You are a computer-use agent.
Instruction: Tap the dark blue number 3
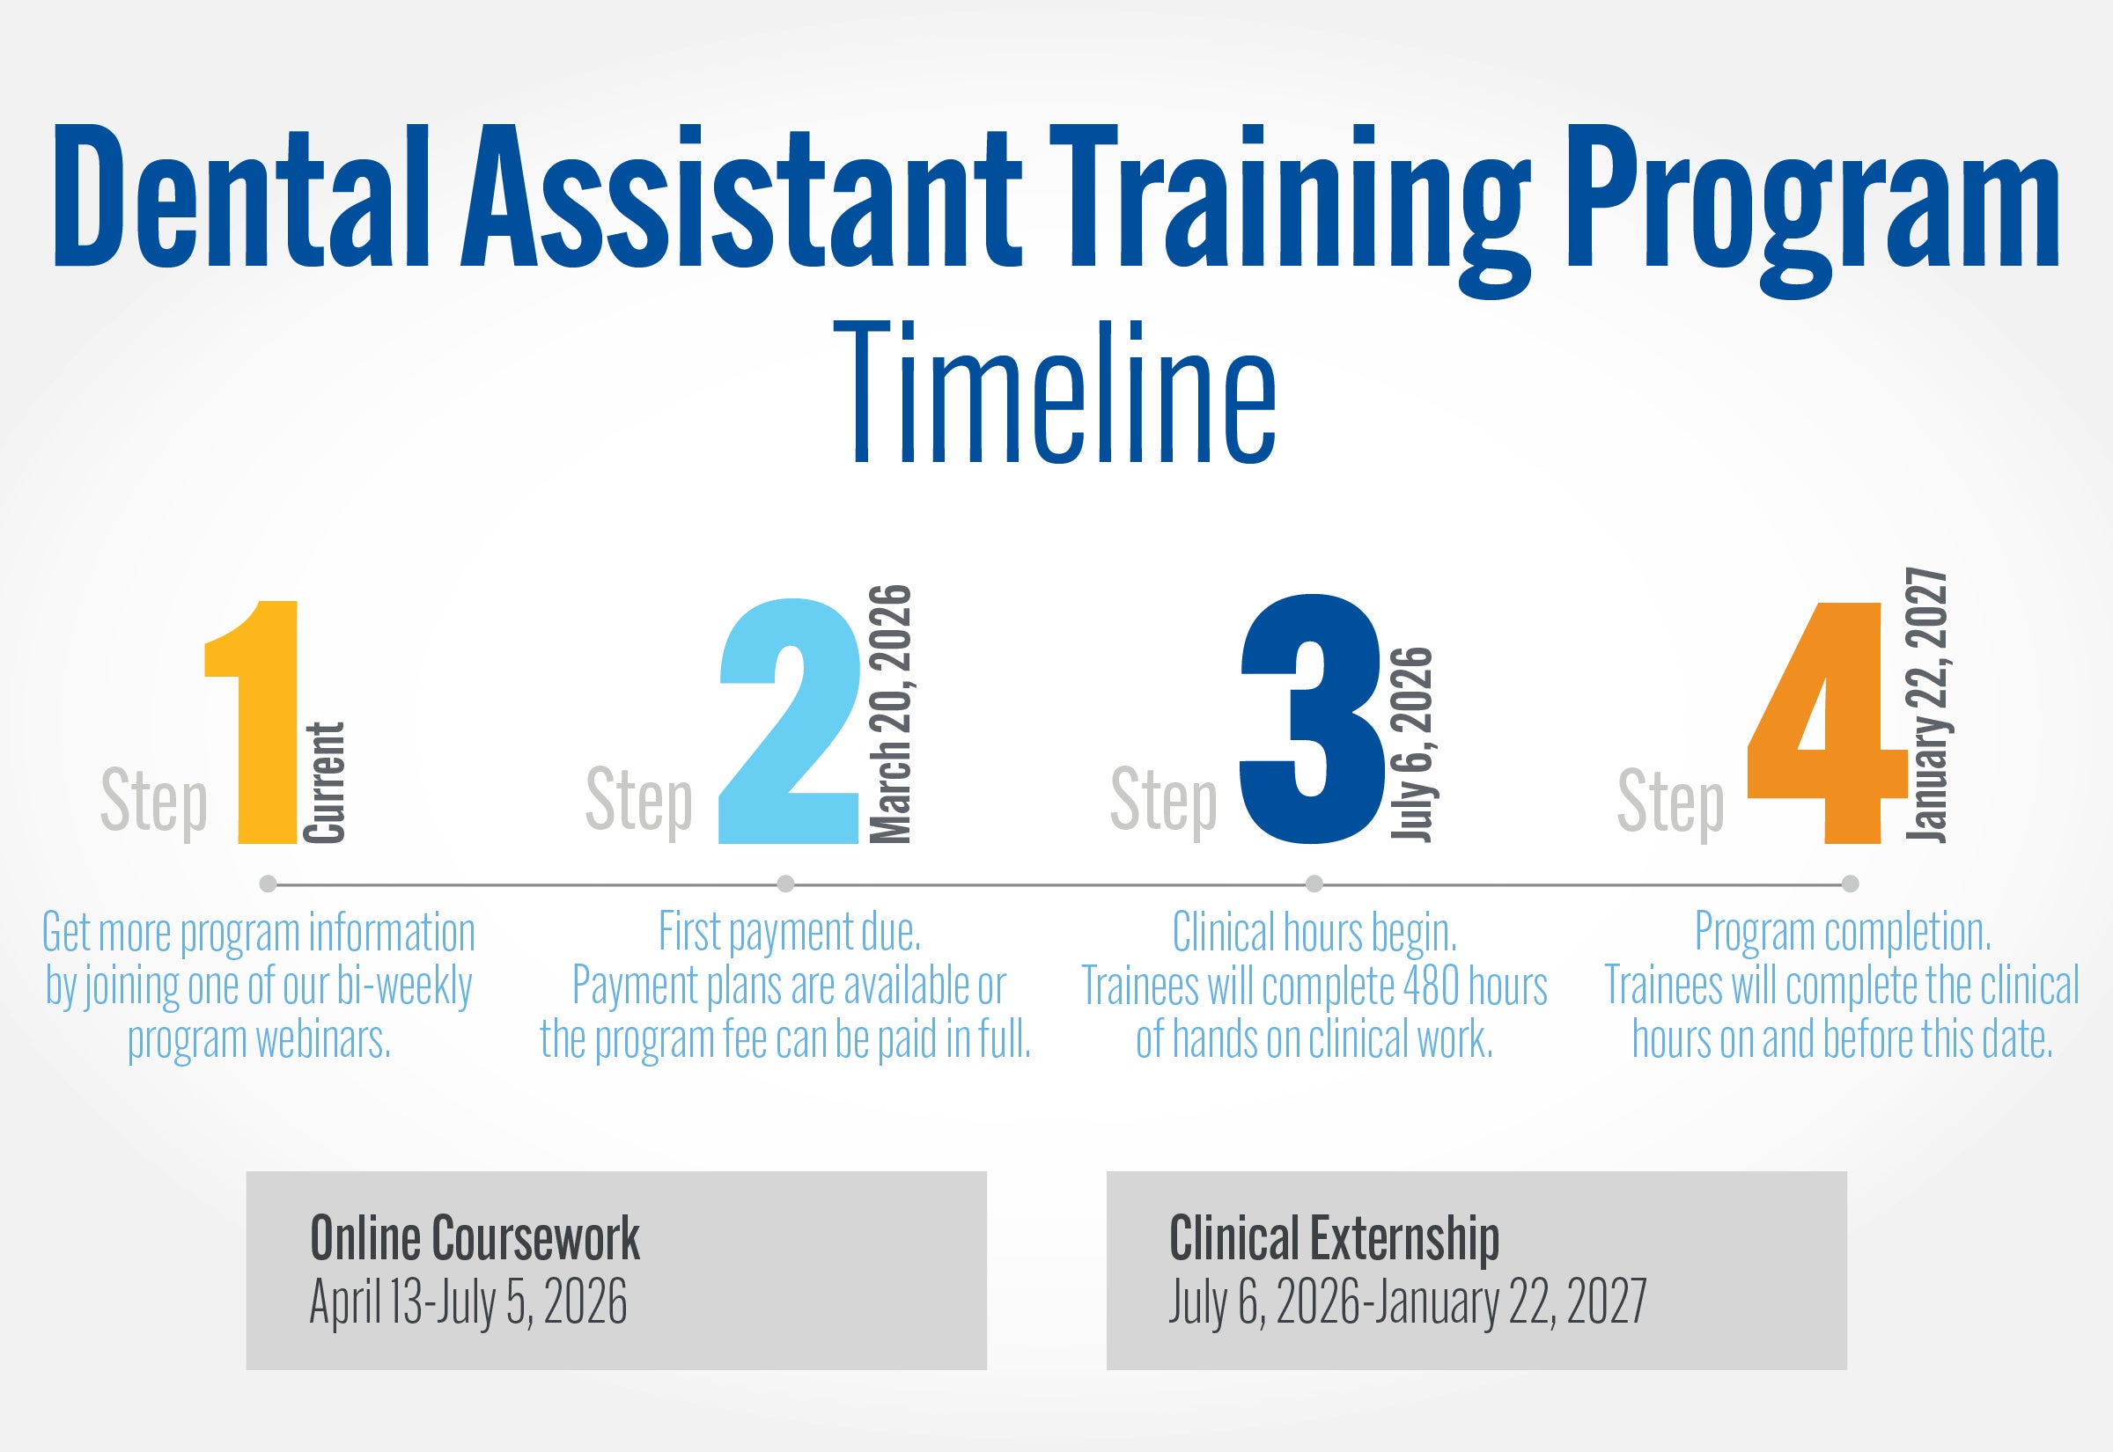tap(1312, 723)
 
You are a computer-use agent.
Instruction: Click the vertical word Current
tap(325, 782)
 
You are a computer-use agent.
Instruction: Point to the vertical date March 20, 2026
tap(891, 715)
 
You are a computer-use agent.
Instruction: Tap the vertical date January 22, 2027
tap(1926, 705)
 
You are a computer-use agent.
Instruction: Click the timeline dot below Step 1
tap(268, 884)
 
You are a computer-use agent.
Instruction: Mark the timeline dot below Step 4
tap(1850, 884)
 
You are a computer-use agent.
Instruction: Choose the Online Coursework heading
tap(475, 1238)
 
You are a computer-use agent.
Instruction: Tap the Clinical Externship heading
tap(1334, 1238)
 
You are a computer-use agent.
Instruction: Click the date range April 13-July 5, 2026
tap(468, 1302)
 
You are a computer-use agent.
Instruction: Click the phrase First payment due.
tap(790, 932)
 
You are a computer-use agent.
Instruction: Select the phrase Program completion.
tap(1843, 932)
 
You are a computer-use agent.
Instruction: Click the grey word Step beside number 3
tap(1164, 801)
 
